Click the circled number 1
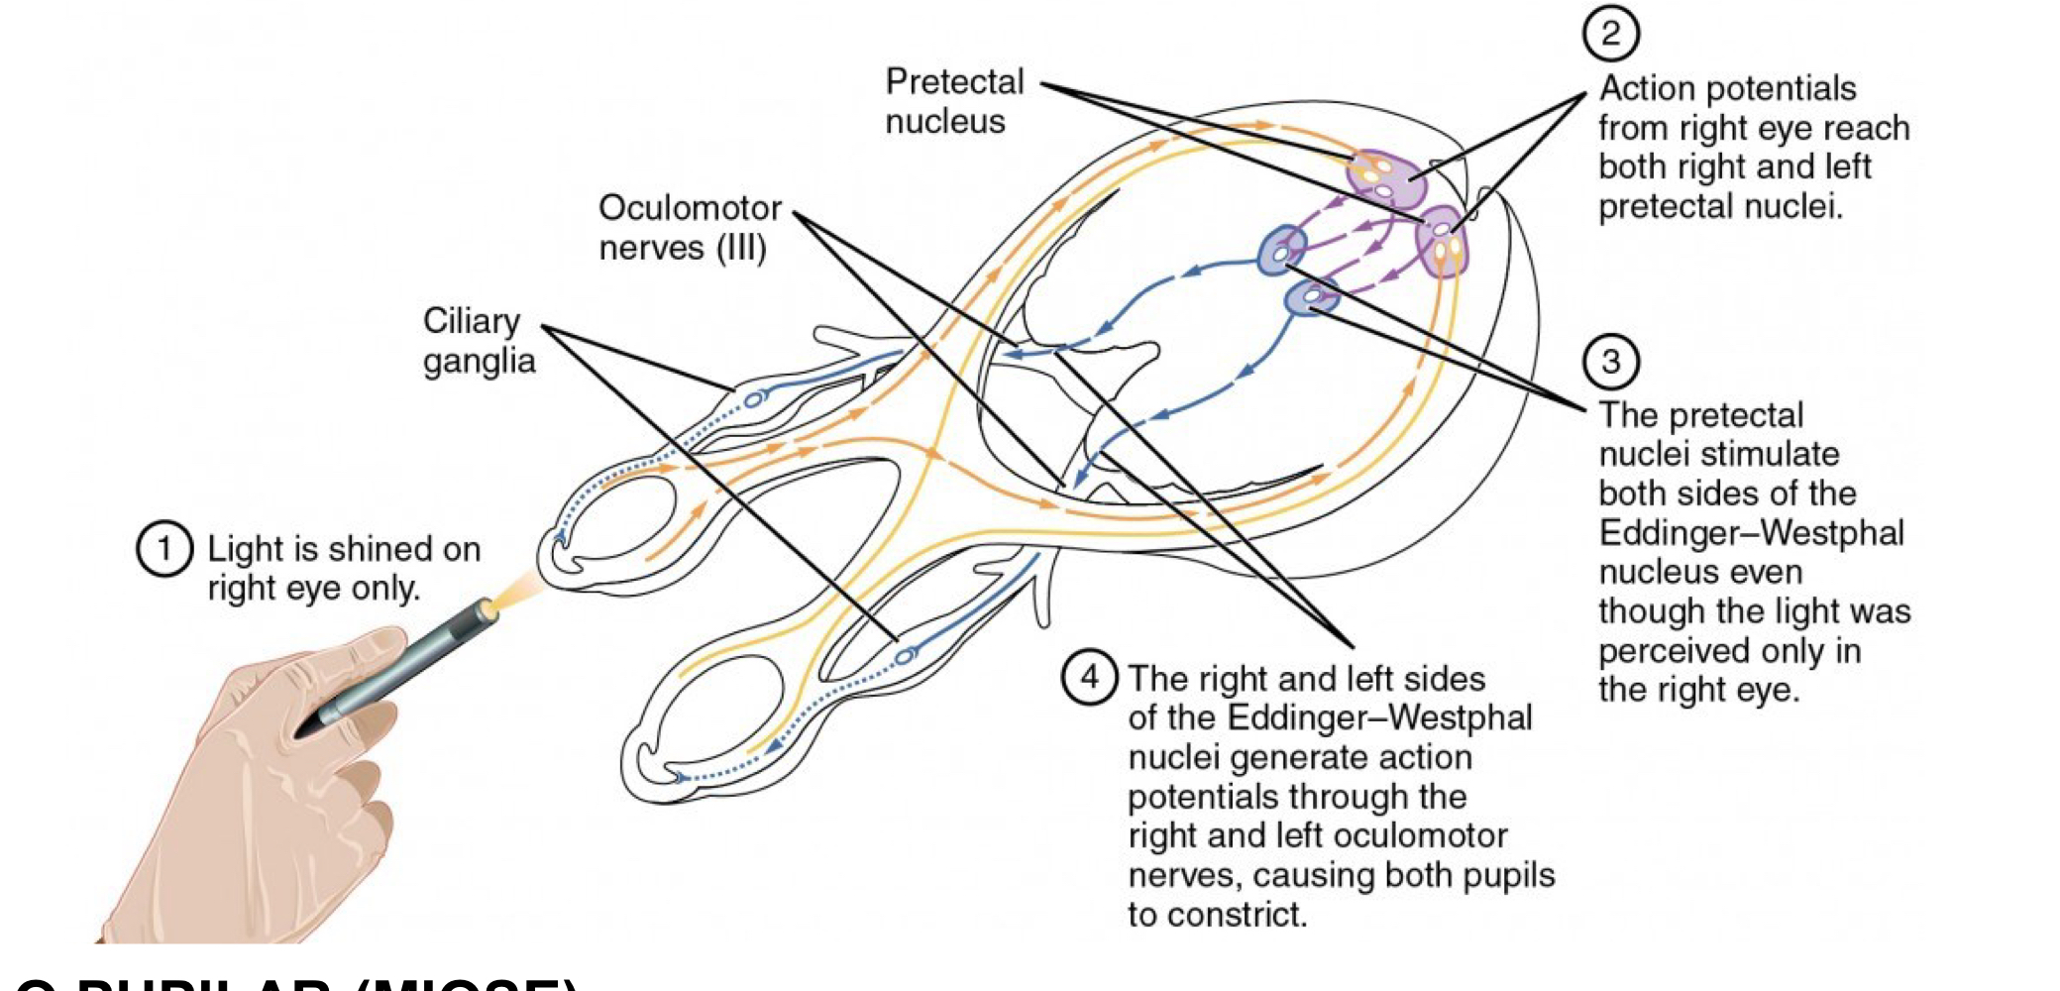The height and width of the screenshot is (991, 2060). click(x=163, y=549)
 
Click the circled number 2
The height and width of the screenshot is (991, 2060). click(x=1610, y=34)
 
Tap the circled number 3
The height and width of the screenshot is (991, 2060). click(x=1610, y=362)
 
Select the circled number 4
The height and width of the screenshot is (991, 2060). click(x=1089, y=677)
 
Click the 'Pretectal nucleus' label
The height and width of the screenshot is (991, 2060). click(x=953, y=101)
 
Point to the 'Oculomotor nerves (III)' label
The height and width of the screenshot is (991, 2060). click(x=690, y=228)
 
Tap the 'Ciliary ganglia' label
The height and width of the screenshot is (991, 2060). click(x=479, y=340)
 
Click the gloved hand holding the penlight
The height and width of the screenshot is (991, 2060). click(x=268, y=783)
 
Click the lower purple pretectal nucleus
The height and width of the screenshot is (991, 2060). click(x=1442, y=241)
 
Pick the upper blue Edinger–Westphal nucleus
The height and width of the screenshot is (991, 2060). click(x=1283, y=250)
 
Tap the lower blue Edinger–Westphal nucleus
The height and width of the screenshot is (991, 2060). click(x=1312, y=295)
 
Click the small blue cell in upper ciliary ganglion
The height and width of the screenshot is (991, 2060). click(x=754, y=399)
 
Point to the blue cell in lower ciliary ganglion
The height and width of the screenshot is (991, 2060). click(x=904, y=655)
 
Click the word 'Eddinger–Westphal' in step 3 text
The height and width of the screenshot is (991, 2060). click(x=1751, y=533)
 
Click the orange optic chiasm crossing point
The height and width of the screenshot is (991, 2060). click(x=931, y=454)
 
